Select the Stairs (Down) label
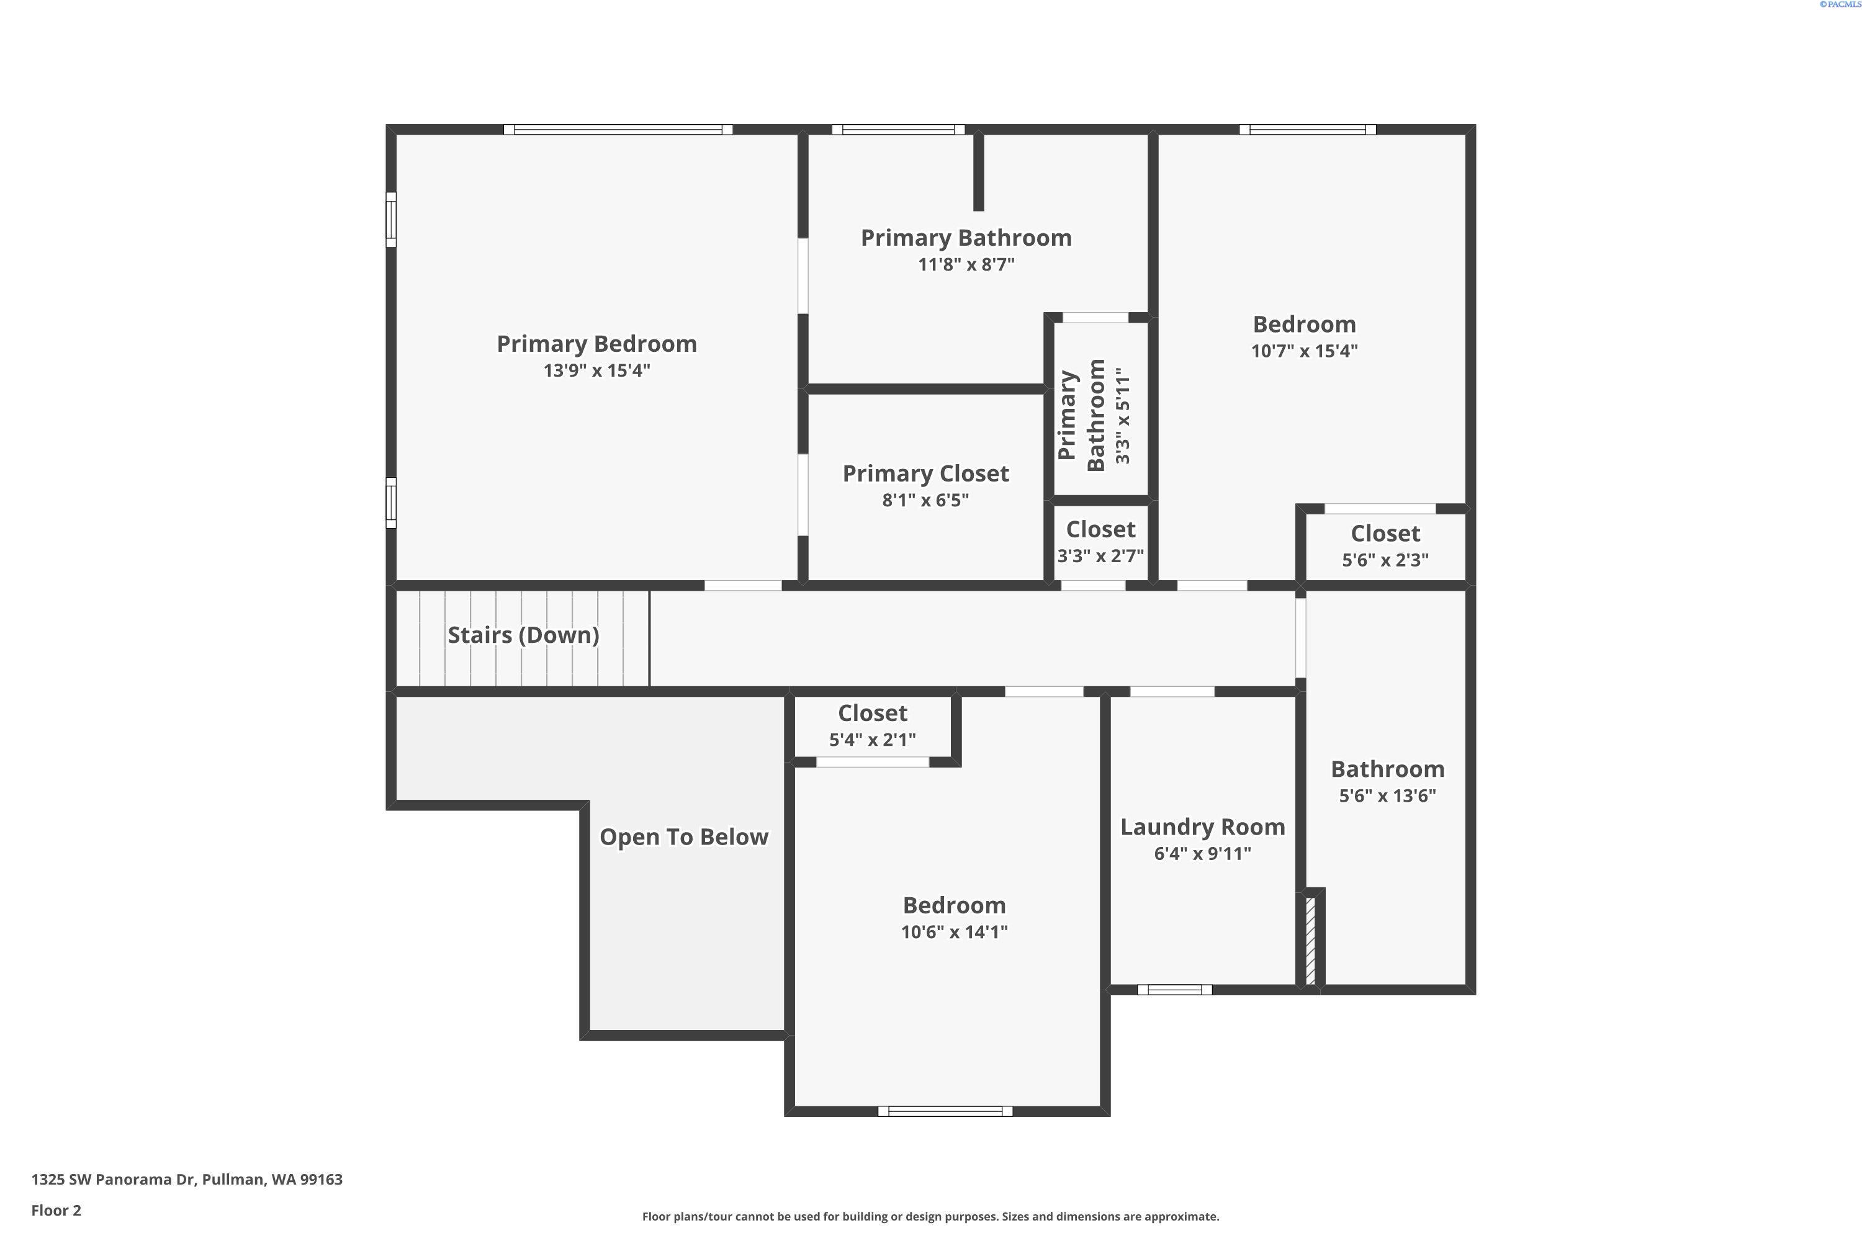pos(523,635)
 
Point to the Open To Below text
pos(683,836)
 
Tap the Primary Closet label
pos(925,473)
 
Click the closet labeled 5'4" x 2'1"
pos(873,713)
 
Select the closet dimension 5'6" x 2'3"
pos(1385,560)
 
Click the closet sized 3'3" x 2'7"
pos(1100,529)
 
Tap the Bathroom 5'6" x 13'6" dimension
pos(1387,795)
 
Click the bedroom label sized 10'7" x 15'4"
pos(1304,325)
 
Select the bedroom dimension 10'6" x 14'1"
pos(954,931)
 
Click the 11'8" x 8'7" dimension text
pos(966,264)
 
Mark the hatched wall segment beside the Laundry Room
pos(1310,940)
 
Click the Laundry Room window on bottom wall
pos(1174,989)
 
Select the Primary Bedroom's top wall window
pos(618,130)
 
